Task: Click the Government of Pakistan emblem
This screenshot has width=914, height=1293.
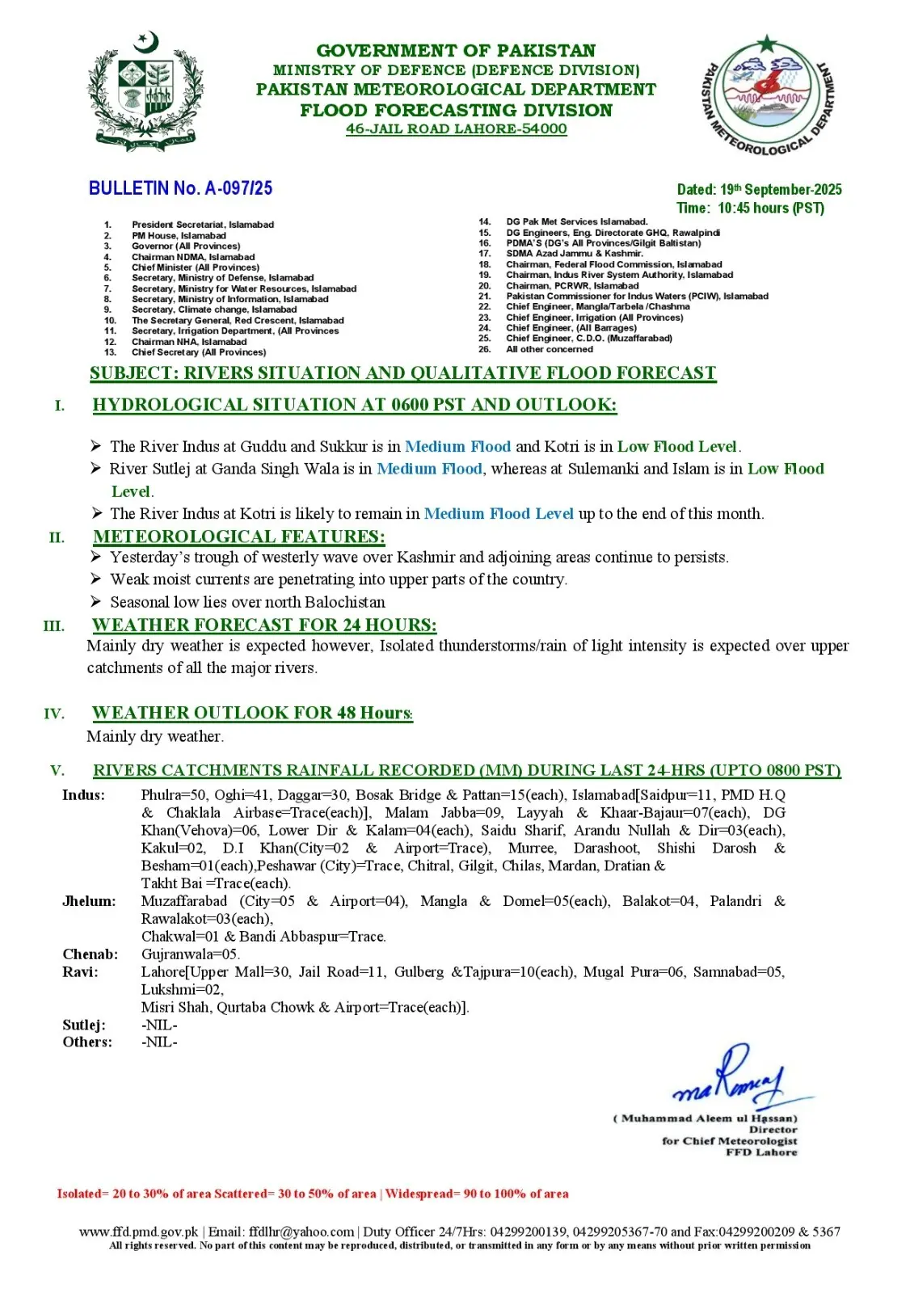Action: [x=145, y=93]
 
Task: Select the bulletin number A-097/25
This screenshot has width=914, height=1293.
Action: [x=180, y=188]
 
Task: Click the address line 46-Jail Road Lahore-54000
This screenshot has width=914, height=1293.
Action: [x=456, y=129]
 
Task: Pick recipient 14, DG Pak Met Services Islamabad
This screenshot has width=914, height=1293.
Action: [x=576, y=221]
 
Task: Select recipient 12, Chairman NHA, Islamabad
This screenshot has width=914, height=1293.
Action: [x=189, y=342]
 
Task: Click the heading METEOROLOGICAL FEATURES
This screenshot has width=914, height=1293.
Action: [x=239, y=537]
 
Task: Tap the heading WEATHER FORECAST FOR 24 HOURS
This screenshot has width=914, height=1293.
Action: [x=264, y=625]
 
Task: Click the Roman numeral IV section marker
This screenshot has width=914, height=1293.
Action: [x=54, y=714]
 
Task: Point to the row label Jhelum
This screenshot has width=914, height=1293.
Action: [x=89, y=901]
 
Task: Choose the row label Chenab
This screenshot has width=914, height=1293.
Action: [x=91, y=954]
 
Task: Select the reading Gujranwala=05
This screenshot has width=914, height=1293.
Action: [x=190, y=954]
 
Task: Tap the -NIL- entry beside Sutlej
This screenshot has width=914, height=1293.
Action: [x=159, y=1025]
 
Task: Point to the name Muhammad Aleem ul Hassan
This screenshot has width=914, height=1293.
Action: [x=709, y=1118]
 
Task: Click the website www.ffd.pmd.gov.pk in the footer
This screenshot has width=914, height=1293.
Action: [x=138, y=1232]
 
